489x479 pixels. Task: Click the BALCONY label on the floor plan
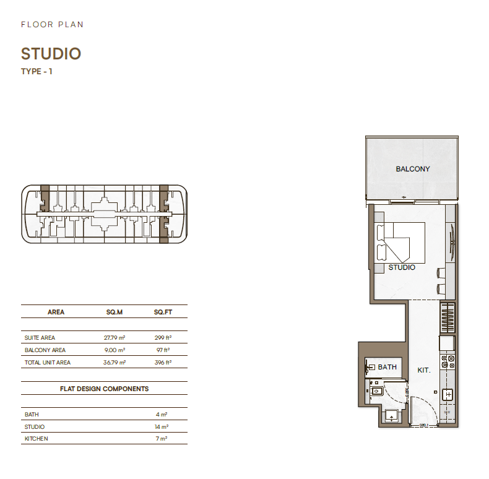(x=413, y=169)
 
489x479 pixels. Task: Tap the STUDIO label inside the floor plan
(x=402, y=267)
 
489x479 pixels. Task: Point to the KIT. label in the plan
(x=424, y=370)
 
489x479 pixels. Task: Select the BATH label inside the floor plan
(x=387, y=367)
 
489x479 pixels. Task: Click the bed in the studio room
(x=400, y=243)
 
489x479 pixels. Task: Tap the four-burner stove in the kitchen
(x=448, y=361)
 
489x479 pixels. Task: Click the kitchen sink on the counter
(x=448, y=395)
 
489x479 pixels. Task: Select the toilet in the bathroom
(x=376, y=391)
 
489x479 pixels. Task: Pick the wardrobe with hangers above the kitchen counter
(x=448, y=317)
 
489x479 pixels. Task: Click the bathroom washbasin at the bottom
(x=391, y=416)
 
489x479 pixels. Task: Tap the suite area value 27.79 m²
(x=115, y=337)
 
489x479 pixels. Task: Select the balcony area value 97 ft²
(x=163, y=350)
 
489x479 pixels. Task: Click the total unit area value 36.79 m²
(x=115, y=363)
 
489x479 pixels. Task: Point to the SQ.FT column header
(x=163, y=312)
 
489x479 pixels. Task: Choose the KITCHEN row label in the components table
(x=36, y=438)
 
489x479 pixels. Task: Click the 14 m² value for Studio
(x=162, y=426)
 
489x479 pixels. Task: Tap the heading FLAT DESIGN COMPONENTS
(x=104, y=389)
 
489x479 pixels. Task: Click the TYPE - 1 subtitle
(x=37, y=71)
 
